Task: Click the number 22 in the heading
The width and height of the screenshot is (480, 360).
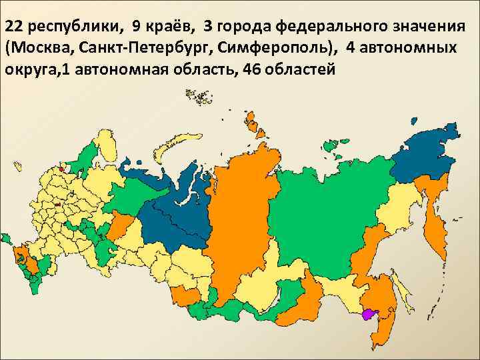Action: click(x=15, y=27)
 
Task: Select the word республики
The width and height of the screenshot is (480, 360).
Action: click(x=70, y=28)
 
